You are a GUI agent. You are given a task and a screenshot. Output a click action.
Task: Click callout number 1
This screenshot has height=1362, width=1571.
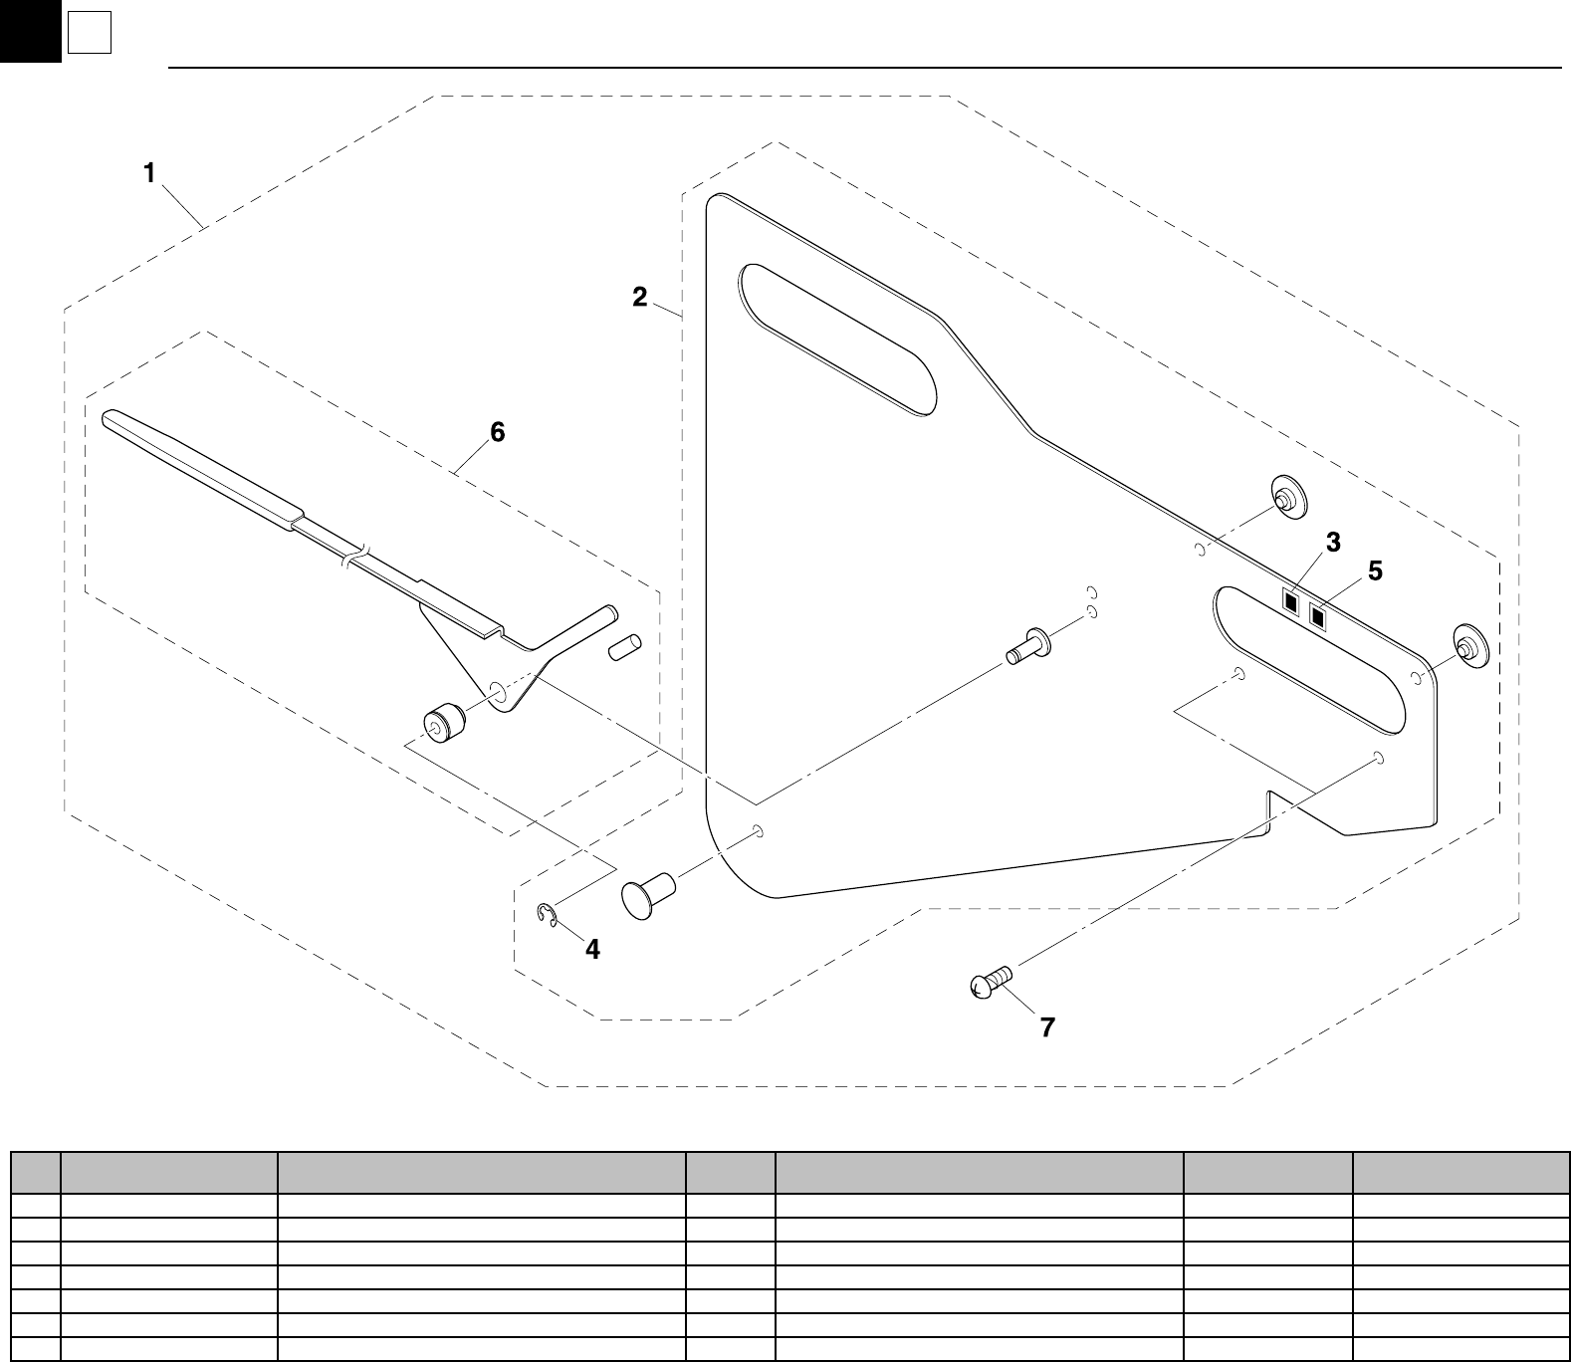(149, 173)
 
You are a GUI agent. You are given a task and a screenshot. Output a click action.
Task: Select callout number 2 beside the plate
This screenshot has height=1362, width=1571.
(639, 297)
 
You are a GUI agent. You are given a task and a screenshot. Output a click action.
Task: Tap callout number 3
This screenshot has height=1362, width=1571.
(1332, 543)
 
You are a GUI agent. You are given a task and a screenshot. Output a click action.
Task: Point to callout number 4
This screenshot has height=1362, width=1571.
(592, 950)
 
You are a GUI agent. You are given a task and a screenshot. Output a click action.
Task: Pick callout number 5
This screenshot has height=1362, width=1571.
(1375, 571)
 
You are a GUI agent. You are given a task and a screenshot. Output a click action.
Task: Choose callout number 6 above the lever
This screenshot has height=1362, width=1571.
(496, 432)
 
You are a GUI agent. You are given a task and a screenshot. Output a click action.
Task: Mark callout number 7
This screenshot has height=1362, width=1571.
(1047, 1027)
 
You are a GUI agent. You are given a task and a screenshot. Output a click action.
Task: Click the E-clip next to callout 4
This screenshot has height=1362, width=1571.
(546, 915)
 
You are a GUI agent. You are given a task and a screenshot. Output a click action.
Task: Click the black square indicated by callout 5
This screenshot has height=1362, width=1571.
(1319, 617)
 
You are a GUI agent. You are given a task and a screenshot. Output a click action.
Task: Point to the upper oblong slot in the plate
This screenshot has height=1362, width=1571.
(837, 339)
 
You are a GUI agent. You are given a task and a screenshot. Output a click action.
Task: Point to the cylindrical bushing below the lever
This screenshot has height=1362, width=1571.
(442, 723)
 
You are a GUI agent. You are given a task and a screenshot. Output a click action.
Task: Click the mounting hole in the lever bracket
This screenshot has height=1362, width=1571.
(496, 690)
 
